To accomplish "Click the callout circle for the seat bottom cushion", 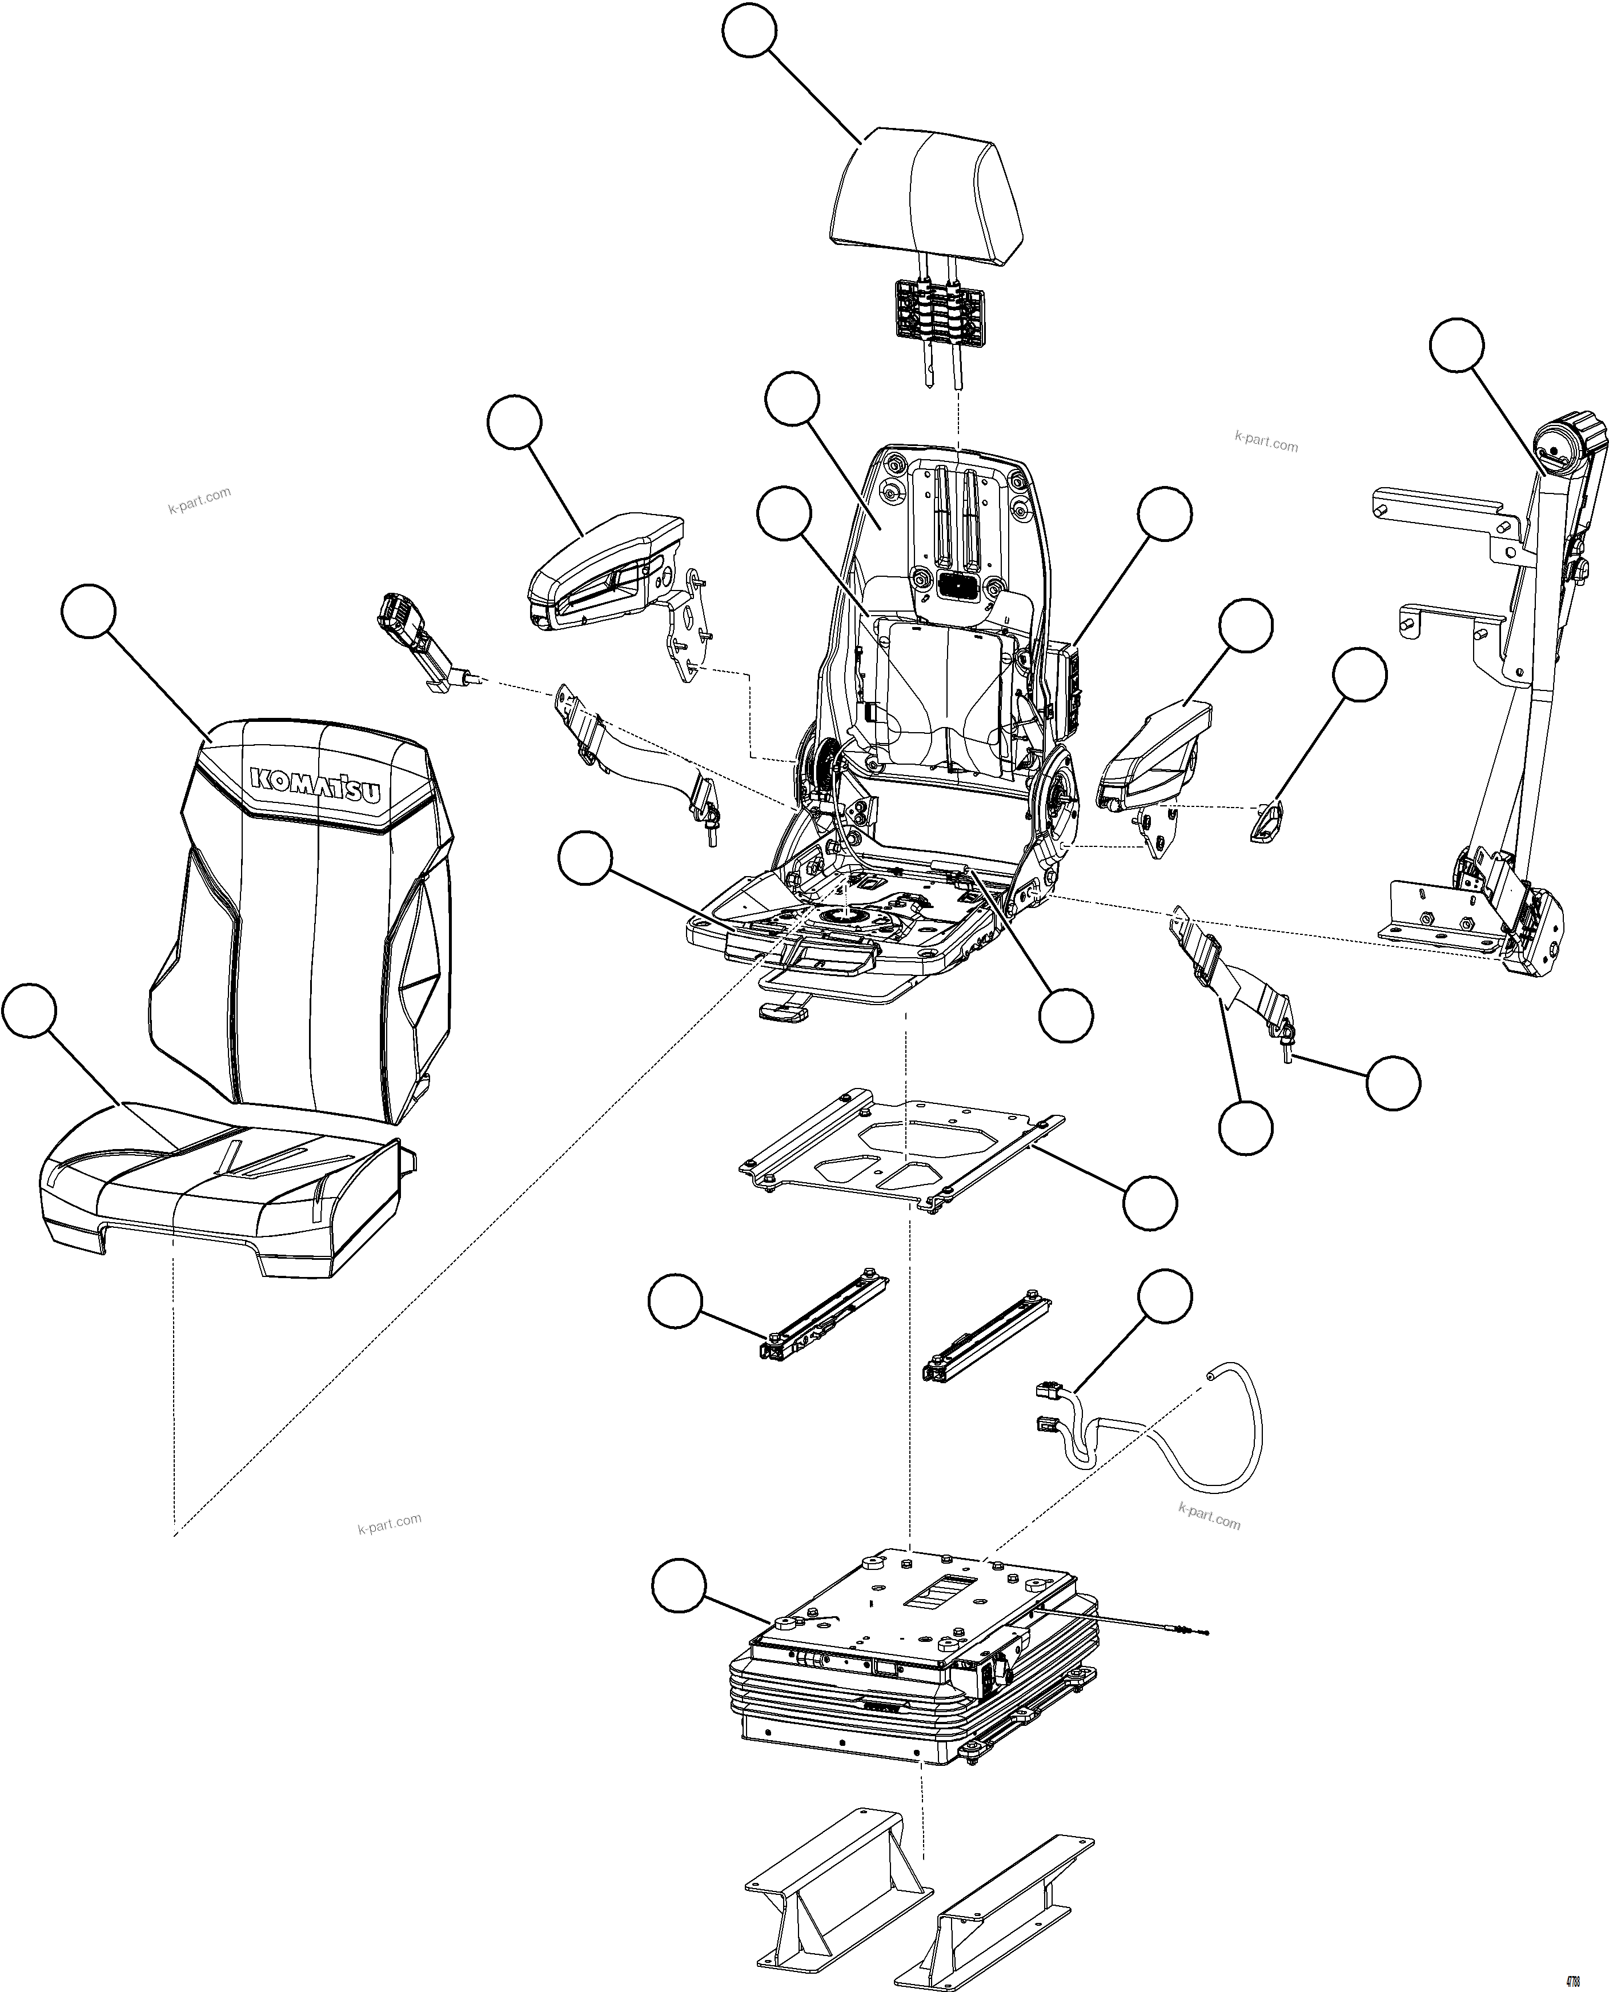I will [30, 1013].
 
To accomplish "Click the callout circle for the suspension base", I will [679, 1586].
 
